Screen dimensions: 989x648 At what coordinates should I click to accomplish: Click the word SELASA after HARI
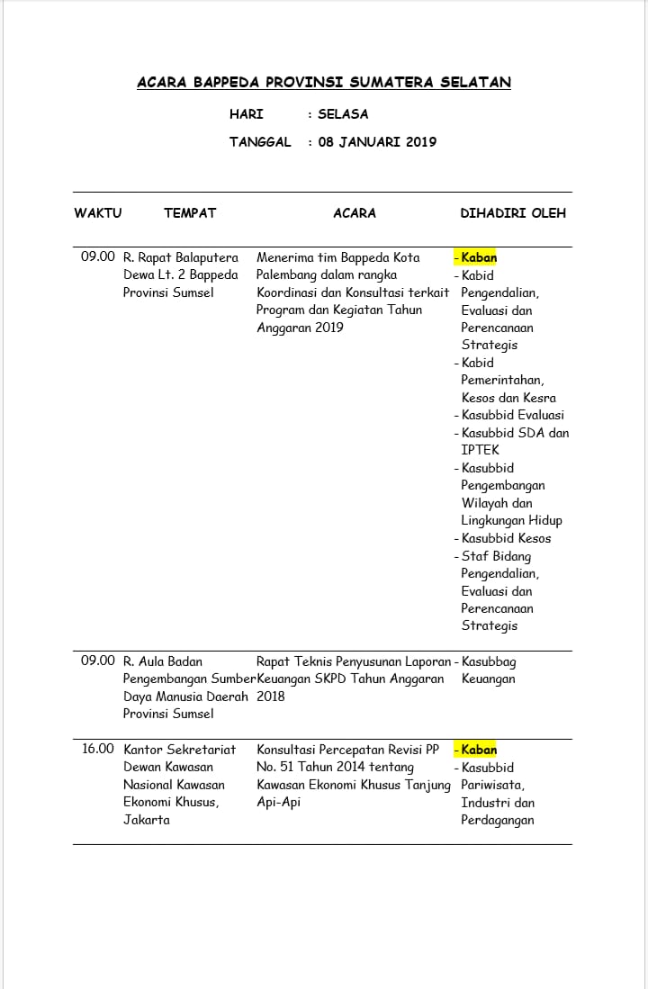[343, 114]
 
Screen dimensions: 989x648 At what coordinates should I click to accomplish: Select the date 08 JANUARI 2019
[377, 142]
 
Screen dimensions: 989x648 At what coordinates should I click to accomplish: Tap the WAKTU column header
[97, 213]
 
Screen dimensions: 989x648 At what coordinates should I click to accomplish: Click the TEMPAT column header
[190, 213]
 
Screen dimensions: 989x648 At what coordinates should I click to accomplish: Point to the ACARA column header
[355, 213]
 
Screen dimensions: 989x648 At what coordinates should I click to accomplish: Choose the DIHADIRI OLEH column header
[513, 213]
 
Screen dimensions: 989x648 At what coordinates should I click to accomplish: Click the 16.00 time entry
[98, 749]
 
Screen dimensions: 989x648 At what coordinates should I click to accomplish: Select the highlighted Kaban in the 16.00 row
[479, 750]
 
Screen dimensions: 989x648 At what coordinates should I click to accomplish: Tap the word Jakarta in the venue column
[147, 820]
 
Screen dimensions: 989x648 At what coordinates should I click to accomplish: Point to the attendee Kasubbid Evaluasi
[513, 415]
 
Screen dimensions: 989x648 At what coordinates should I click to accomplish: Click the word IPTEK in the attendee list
[480, 450]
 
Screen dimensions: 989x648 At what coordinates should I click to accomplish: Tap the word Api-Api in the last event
[279, 802]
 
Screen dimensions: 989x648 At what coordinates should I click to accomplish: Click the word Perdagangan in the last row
[498, 820]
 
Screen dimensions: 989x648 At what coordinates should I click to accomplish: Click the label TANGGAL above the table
[260, 142]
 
